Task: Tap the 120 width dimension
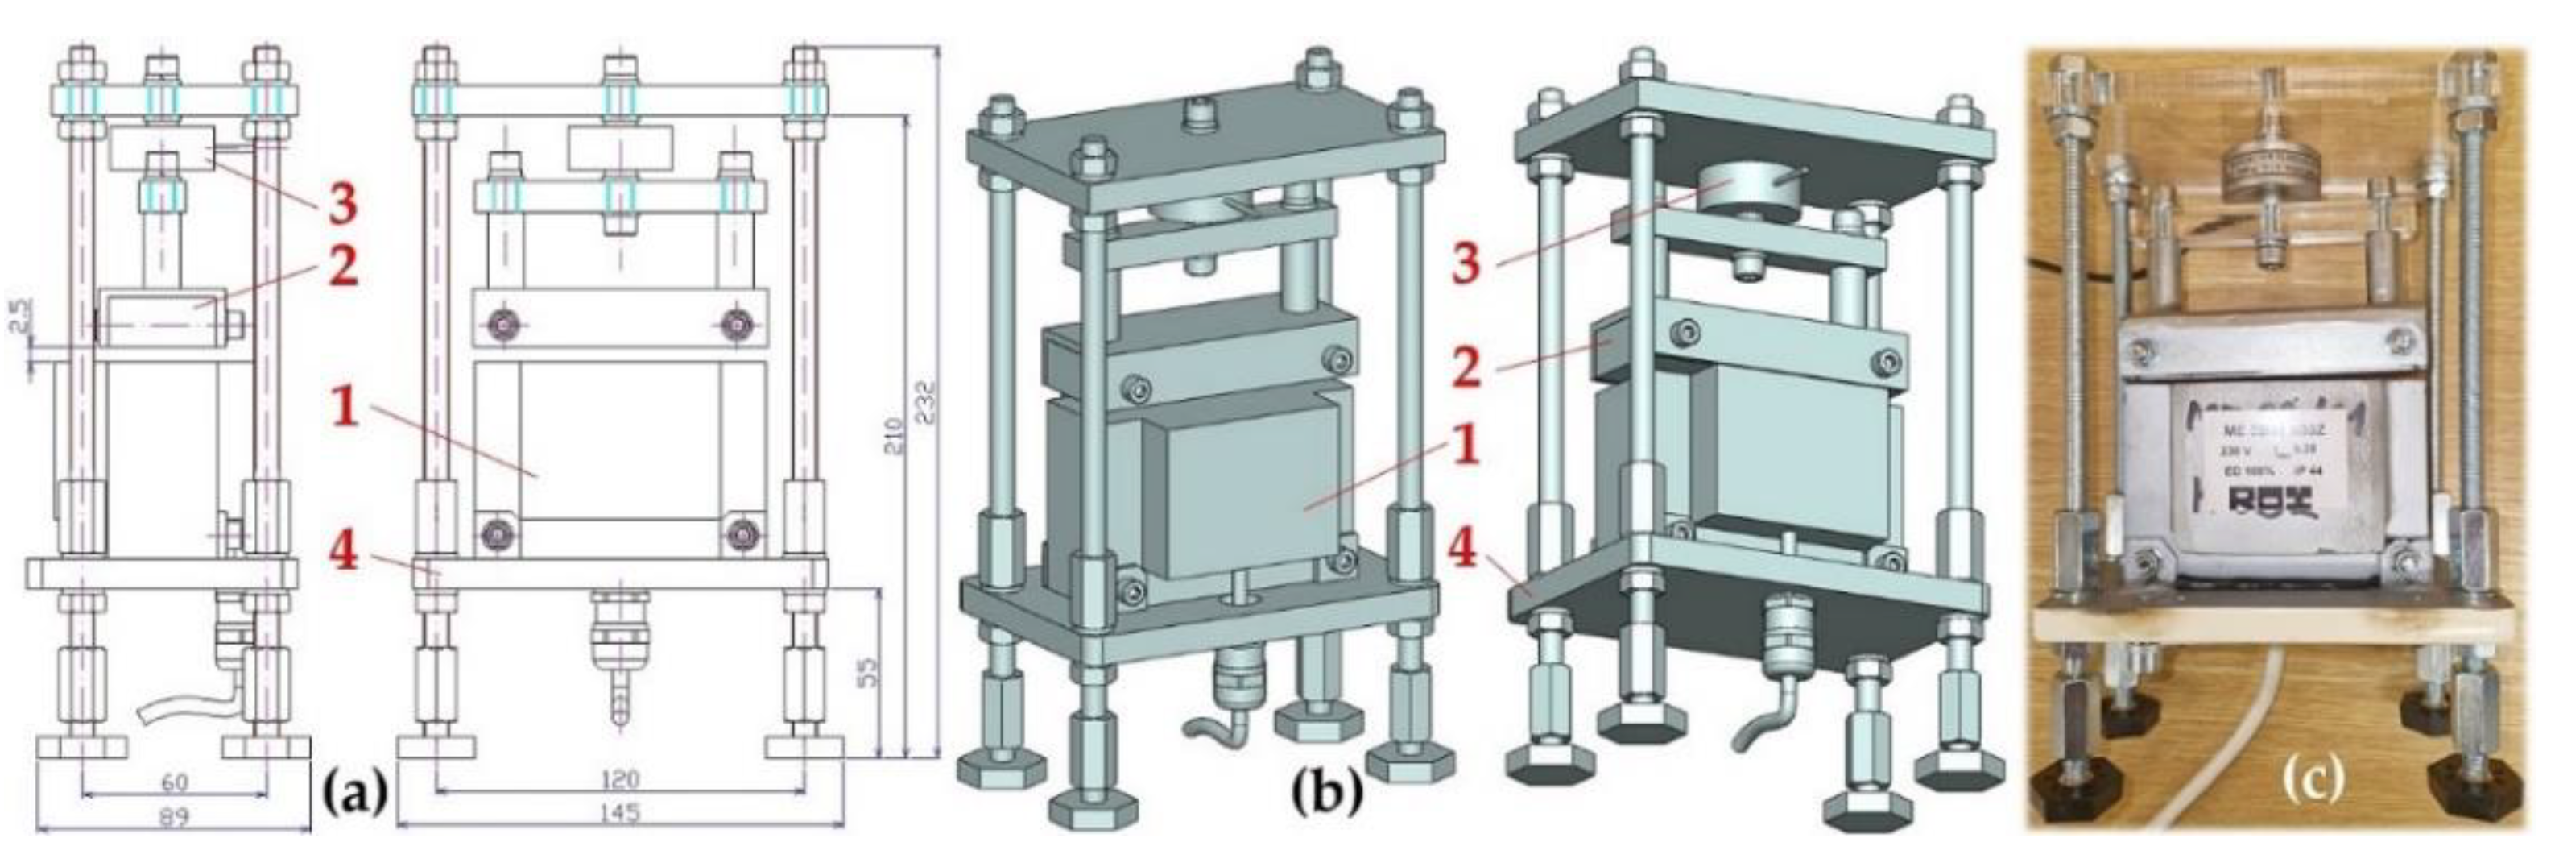pos(619,780)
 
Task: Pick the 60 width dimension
pos(174,784)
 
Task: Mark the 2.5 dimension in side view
pos(22,317)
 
